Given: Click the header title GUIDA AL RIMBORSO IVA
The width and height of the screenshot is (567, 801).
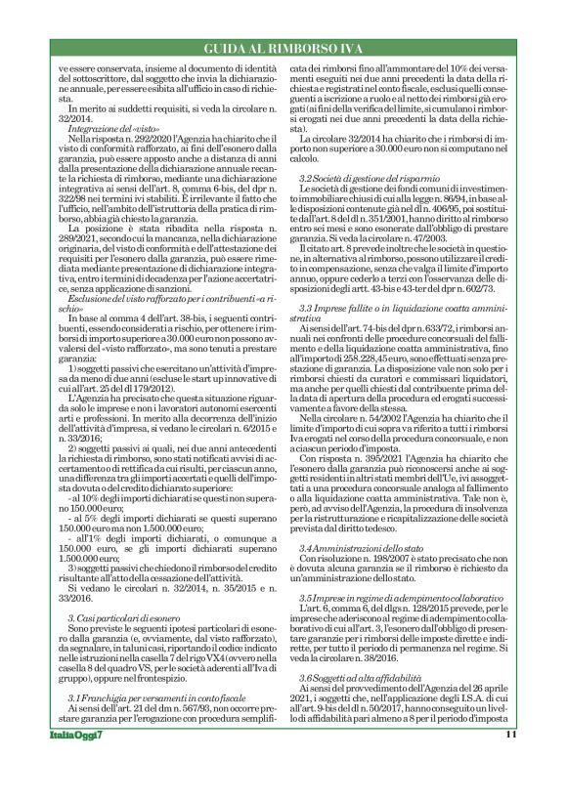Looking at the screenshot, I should (x=283, y=49).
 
